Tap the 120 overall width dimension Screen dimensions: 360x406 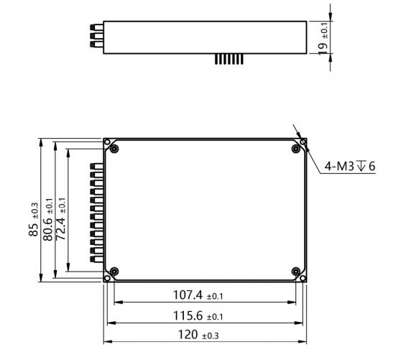[188, 336]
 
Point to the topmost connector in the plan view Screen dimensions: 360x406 [93, 167]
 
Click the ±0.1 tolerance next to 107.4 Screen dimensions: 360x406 [215, 296]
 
